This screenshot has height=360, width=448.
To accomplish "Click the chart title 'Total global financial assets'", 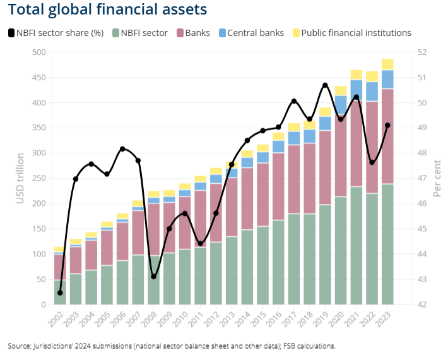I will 108,10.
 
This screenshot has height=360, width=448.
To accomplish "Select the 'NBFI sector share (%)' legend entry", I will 56,33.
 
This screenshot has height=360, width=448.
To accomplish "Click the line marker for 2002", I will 60,292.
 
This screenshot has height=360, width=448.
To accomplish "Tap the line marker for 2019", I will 325,85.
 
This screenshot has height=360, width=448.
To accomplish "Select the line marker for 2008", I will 153,276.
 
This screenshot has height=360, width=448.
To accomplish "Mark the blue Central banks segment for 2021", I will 357,90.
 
